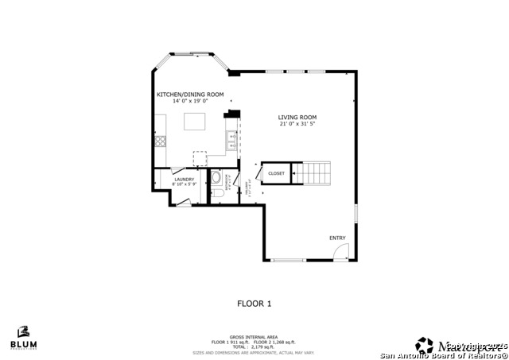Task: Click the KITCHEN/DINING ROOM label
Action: click(189, 95)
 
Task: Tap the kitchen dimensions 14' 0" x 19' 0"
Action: click(189, 101)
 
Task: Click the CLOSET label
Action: click(276, 173)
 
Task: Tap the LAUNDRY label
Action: click(184, 179)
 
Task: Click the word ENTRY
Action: click(337, 238)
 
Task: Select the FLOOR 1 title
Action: click(254, 303)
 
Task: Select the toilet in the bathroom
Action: click(216, 193)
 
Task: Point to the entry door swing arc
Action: click(340, 252)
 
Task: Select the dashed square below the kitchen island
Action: click(200, 157)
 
